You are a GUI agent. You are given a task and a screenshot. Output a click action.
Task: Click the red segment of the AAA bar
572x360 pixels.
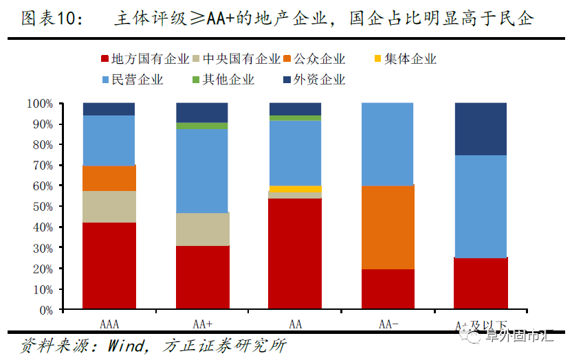[109, 265]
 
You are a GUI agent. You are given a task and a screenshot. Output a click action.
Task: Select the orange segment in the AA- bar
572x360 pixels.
[387, 227]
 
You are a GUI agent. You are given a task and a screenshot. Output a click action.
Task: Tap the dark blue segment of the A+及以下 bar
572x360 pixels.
[480, 129]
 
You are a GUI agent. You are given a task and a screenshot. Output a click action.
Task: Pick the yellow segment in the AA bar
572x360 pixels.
[295, 189]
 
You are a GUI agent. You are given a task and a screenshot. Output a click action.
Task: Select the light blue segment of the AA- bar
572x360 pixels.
[387, 144]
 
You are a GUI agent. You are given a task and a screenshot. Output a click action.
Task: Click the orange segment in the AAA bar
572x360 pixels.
[109, 178]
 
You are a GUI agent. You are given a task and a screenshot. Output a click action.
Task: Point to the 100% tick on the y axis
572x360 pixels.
[40, 104]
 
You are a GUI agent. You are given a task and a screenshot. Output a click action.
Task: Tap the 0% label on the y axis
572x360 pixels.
[45, 310]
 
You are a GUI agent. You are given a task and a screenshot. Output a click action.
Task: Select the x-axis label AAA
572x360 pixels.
[109, 324]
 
